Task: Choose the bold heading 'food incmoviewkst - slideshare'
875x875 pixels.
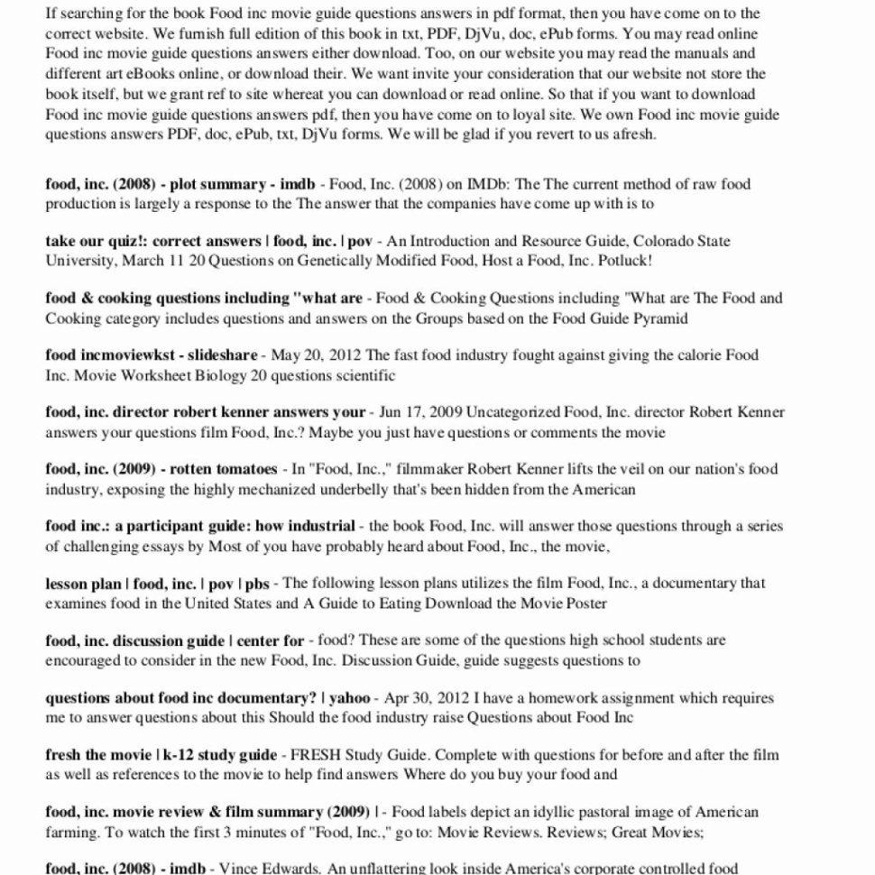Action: tap(151, 355)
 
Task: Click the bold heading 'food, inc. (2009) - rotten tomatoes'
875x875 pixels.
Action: tap(161, 469)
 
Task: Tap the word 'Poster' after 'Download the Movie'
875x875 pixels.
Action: tap(583, 603)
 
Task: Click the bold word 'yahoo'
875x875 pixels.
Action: tap(350, 697)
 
